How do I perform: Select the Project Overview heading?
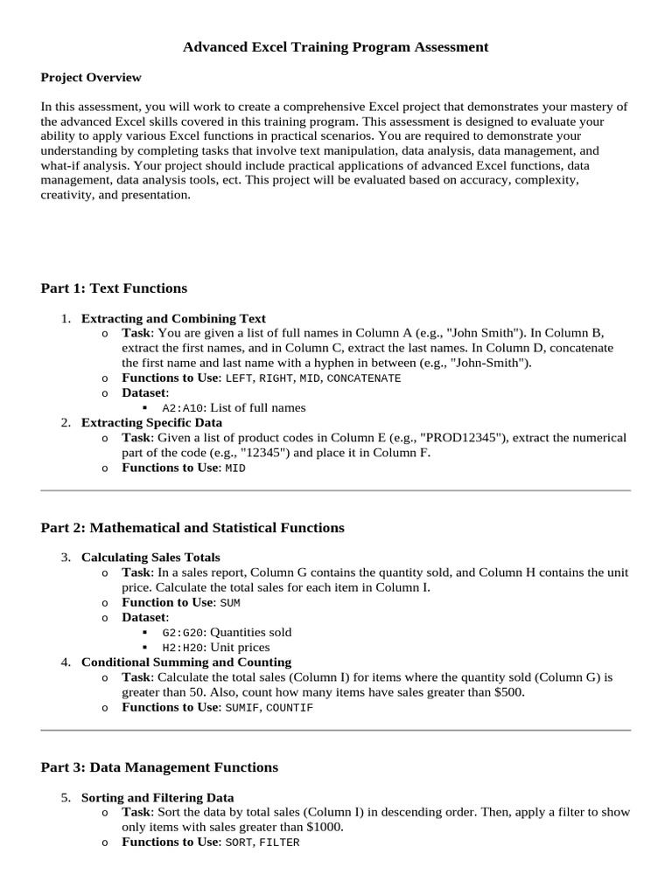[91, 78]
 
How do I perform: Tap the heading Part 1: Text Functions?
[114, 288]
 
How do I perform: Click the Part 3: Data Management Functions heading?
[159, 767]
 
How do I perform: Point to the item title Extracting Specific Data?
[151, 422]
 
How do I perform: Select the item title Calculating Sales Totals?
[150, 557]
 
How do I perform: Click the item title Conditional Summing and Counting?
[186, 662]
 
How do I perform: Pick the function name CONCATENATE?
[363, 378]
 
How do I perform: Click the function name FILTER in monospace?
[279, 843]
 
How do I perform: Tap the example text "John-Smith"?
[496, 363]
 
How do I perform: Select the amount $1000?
[322, 827]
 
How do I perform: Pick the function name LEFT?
[239, 378]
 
